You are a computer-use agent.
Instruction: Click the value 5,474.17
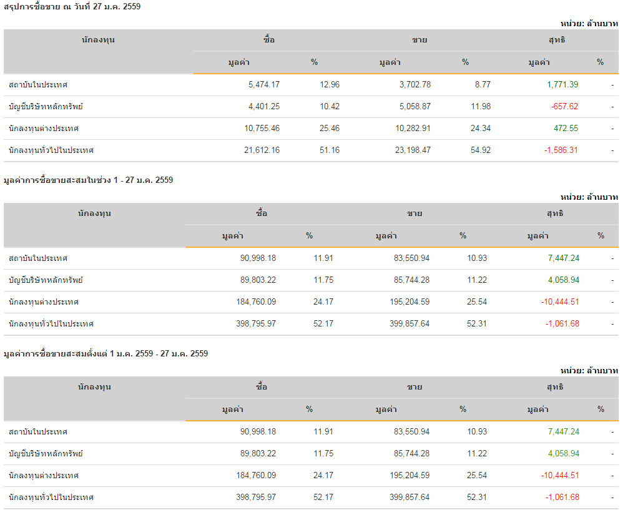[x=263, y=84]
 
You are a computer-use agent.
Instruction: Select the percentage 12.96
[x=330, y=84]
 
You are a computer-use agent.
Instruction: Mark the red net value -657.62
[x=564, y=106]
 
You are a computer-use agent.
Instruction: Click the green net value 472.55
[x=566, y=128]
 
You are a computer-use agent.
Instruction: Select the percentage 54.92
[x=481, y=150]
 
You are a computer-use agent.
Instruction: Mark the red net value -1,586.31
[x=561, y=150]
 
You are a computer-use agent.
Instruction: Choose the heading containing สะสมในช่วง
[x=88, y=180]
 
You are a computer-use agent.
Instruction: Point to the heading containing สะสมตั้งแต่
[x=105, y=353]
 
